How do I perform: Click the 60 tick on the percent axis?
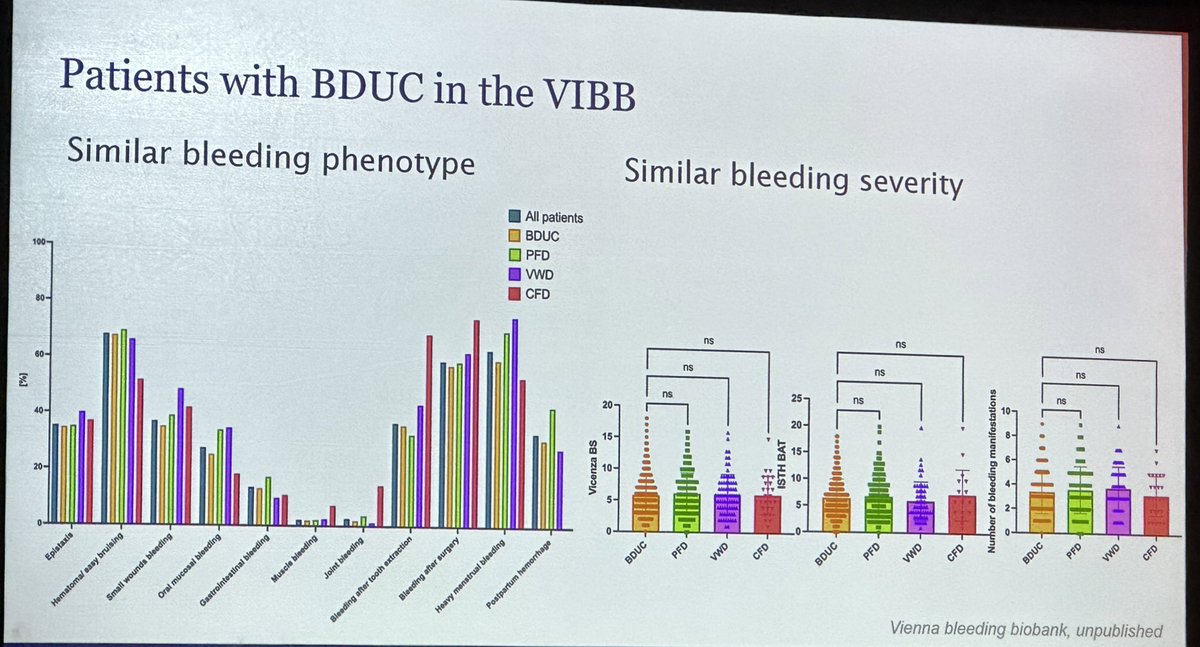[x=39, y=355]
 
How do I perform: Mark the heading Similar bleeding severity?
[x=793, y=179]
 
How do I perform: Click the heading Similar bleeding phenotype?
[x=270, y=160]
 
